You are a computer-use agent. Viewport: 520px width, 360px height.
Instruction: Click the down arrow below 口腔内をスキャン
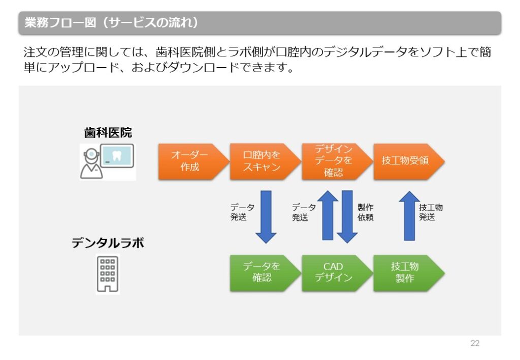(x=266, y=216)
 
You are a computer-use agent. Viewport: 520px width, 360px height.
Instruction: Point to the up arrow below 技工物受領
(x=409, y=215)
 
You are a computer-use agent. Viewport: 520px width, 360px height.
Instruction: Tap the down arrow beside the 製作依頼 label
(x=347, y=216)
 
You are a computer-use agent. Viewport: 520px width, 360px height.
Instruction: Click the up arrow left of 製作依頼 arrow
(x=328, y=215)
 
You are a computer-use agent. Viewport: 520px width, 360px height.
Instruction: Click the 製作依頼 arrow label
(x=366, y=212)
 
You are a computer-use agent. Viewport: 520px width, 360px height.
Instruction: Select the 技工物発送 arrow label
(x=431, y=212)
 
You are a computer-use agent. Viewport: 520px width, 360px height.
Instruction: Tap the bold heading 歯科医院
(x=108, y=133)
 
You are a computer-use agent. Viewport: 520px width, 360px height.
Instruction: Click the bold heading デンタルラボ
(x=108, y=243)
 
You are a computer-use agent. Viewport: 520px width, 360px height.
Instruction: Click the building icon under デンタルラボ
(x=108, y=274)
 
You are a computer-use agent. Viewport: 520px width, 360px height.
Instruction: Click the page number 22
(x=475, y=343)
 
